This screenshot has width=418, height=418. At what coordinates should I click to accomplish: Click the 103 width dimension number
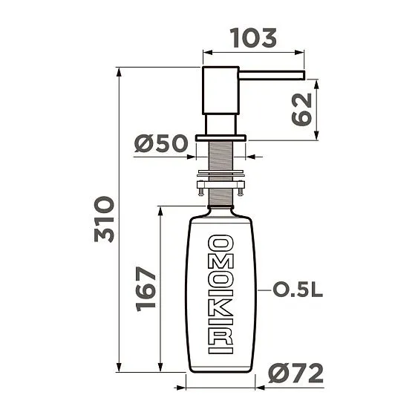(253, 37)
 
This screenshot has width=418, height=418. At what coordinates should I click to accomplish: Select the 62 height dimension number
(301, 109)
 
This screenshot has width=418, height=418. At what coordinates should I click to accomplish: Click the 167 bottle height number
(146, 288)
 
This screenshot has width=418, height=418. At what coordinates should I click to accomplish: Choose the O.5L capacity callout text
(298, 290)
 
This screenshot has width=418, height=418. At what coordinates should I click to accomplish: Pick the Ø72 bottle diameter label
(296, 373)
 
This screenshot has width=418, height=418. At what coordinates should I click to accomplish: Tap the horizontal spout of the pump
(271, 74)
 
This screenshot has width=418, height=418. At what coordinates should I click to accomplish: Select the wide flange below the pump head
(221, 137)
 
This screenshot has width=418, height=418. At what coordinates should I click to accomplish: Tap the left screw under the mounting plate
(200, 192)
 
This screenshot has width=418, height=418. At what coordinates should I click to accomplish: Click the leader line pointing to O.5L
(263, 290)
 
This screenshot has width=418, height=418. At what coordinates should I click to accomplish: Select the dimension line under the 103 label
(253, 53)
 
